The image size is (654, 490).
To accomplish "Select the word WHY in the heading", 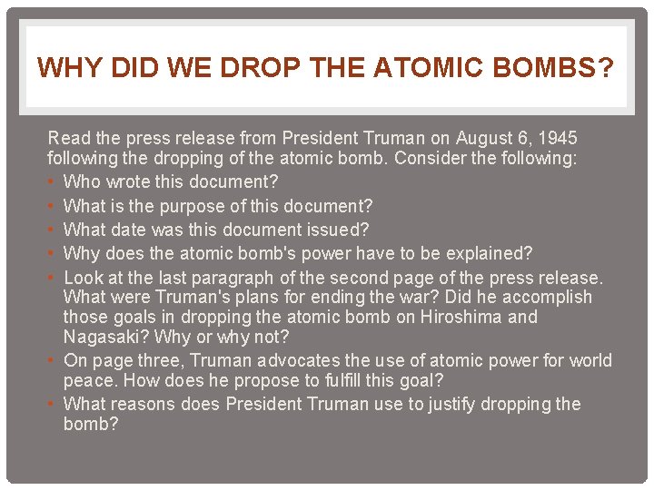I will (64, 67).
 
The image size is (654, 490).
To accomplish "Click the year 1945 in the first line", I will (557, 139).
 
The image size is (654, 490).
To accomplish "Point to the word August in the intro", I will (484, 139).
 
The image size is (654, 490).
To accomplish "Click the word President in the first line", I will (319, 139).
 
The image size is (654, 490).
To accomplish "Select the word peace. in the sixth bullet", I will (87, 381).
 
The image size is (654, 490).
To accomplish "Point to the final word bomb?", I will (91, 424).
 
